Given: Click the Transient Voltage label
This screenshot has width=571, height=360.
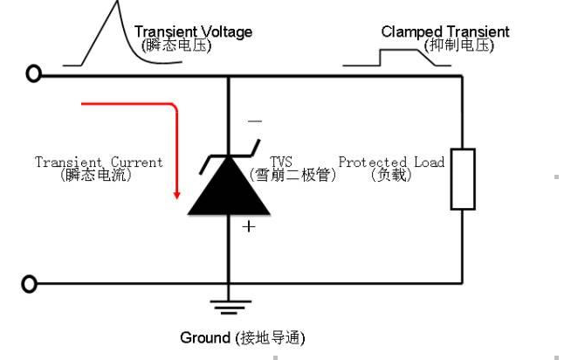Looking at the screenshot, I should point(193,32).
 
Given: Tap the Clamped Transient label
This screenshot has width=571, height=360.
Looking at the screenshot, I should point(445,32).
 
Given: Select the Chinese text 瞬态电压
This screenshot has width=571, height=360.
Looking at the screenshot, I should point(176,45).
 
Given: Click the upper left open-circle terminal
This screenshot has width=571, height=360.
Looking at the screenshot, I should point(34,74).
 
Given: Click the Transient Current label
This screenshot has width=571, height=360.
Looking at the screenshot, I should point(99,163).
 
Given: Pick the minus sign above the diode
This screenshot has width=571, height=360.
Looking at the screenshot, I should point(254,121).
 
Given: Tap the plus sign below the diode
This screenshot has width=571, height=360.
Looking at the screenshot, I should point(250,226).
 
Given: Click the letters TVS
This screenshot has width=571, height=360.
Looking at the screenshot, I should point(280,162).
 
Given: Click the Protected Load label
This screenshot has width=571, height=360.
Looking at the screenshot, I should point(391,162).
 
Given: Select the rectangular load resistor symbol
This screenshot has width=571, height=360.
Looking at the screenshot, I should point(463,179).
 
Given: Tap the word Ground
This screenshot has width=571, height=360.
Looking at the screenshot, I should point(204,337).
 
